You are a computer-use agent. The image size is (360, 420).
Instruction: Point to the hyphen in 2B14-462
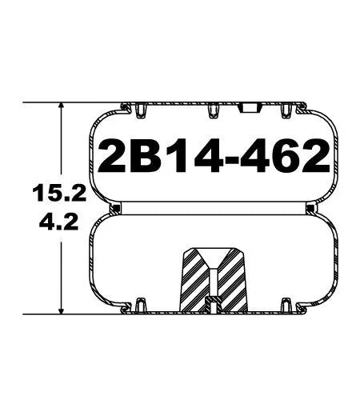[225, 156]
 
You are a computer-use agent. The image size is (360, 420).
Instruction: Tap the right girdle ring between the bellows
[309, 210]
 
